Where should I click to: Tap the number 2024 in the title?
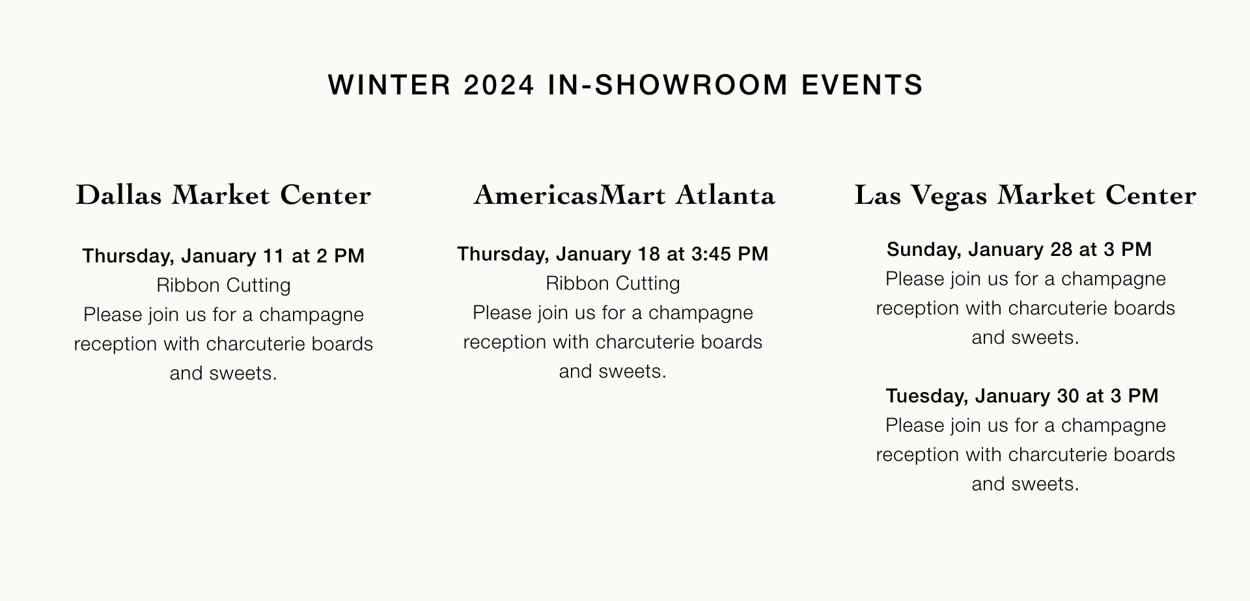pyautogui.click(x=499, y=85)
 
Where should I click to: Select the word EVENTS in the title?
pyautogui.click(x=863, y=85)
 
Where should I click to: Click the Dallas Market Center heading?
pyautogui.click(x=223, y=195)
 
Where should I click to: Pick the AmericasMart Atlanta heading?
pyautogui.click(x=624, y=195)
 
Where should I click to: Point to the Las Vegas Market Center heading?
pyautogui.click(x=1025, y=195)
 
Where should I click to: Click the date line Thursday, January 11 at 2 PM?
pyautogui.click(x=223, y=256)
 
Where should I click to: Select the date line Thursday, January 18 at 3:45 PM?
pyautogui.click(x=613, y=254)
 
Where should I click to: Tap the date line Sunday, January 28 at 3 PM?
pyautogui.click(x=1020, y=249)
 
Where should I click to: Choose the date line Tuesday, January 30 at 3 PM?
pyautogui.click(x=1022, y=396)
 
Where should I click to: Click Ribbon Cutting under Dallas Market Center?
pyautogui.click(x=223, y=285)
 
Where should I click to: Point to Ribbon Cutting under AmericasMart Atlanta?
pyautogui.click(x=613, y=283)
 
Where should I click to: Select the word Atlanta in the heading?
pyautogui.click(x=725, y=195)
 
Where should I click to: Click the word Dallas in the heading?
pyautogui.click(x=118, y=195)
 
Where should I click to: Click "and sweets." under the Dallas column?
pyautogui.click(x=223, y=373)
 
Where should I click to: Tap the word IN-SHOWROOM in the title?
pyautogui.click(x=668, y=85)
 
